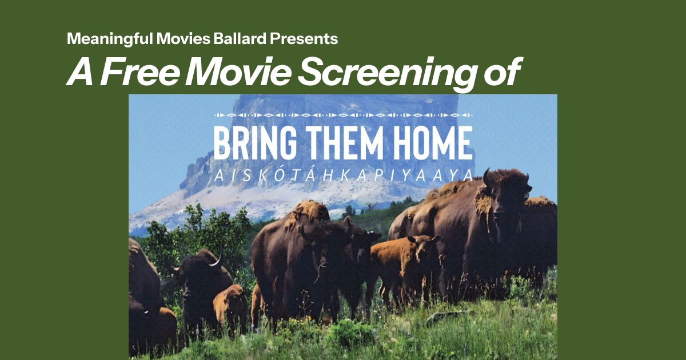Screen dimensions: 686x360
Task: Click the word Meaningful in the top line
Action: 110,39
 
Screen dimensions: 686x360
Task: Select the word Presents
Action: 304,39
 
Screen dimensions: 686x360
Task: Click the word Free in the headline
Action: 139,71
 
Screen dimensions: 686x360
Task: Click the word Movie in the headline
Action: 238,71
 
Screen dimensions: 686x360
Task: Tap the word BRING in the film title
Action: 255,143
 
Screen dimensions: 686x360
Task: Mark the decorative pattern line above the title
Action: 344,115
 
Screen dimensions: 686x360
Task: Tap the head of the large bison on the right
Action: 505,196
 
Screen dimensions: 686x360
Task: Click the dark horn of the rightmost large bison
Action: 486,177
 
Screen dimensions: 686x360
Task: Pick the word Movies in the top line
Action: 183,39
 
